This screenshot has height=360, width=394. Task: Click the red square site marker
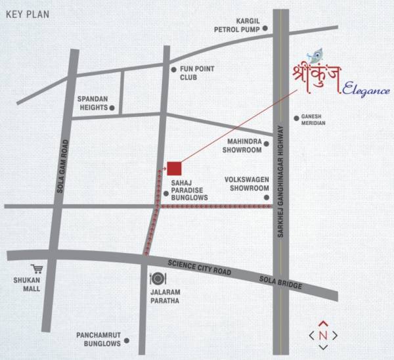coord(173,168)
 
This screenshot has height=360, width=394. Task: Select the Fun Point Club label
coord(197,72)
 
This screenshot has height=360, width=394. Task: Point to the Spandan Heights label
coord(92,102)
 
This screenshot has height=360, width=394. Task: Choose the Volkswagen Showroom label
coord(243,183)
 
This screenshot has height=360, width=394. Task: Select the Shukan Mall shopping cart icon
coord(37,269)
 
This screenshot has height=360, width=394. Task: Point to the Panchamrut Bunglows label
coord(98,338)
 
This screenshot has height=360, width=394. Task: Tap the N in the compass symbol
coord(323,335)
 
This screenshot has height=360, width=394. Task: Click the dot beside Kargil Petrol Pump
coord(265,28)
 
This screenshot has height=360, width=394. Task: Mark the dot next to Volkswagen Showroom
coord(267,197)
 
